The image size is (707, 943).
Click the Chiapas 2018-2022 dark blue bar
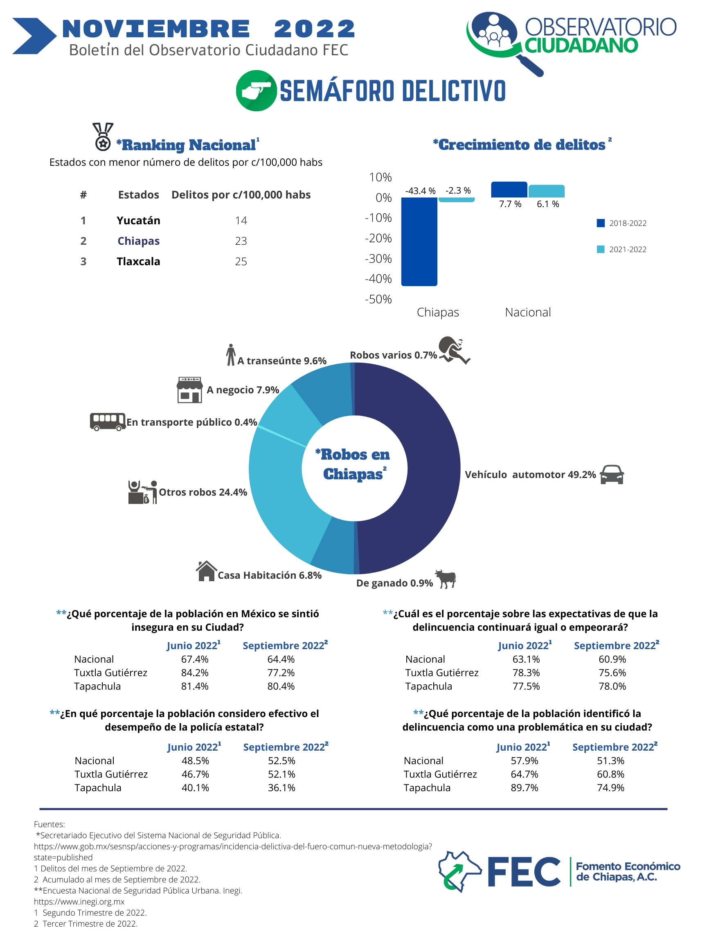419,241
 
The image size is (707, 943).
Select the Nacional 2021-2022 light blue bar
546,191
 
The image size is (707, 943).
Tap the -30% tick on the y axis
378,259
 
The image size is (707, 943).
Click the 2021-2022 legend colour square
601,249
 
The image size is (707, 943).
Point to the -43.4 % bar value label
420,191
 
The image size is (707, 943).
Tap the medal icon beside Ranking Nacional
103,136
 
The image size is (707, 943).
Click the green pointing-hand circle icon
256,91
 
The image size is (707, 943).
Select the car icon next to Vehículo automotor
612,474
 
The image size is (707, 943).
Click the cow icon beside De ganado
446,578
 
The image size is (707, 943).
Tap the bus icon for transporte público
107,422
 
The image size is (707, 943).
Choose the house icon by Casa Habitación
206,571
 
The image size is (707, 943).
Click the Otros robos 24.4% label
203,492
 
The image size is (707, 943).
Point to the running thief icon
454,350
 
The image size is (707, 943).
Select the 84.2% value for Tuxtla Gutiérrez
195,673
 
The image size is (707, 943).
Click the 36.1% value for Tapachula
281,788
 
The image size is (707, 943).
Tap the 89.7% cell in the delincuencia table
524,788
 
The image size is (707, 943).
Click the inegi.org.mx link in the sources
79,902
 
